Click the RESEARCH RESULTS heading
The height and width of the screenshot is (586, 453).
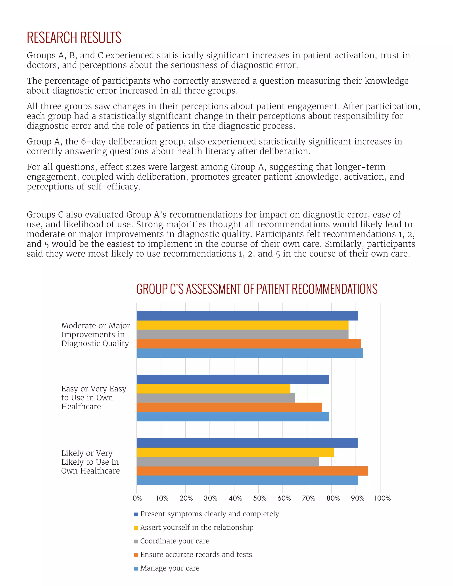74,38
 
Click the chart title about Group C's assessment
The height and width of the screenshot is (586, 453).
257,289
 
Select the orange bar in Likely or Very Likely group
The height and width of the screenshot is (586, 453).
252,471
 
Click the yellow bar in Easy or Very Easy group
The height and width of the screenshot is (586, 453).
213,389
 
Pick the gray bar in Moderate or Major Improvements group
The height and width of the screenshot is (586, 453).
242,334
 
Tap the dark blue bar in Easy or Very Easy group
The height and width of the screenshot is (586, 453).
233,379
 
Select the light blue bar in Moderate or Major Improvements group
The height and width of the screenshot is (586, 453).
250,353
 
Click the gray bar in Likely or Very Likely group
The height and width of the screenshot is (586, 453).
228,462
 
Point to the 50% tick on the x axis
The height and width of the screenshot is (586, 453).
259,498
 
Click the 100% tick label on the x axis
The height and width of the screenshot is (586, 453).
382,498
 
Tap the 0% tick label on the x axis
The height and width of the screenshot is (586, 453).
137,498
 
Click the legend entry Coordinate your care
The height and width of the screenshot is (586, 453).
175,541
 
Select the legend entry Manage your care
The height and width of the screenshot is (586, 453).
170,568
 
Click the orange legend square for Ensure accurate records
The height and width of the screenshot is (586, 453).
136,555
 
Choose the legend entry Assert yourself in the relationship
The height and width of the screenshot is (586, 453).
196,527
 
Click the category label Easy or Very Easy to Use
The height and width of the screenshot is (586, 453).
93,397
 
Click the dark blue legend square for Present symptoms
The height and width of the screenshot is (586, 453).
136,514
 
